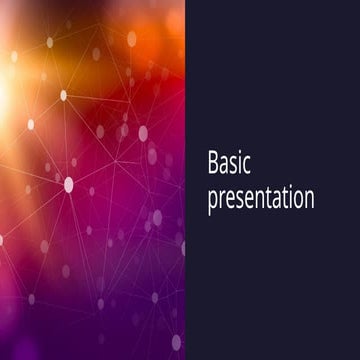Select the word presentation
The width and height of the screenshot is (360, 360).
click(x=260, y=197)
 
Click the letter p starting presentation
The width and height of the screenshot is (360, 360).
click(x=212, y=199)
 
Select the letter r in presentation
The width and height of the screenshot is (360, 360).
click(x=221, y=197)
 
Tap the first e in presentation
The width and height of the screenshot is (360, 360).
click(x=229, y=197)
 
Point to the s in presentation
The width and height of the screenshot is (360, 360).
click(x=239, y=197)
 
